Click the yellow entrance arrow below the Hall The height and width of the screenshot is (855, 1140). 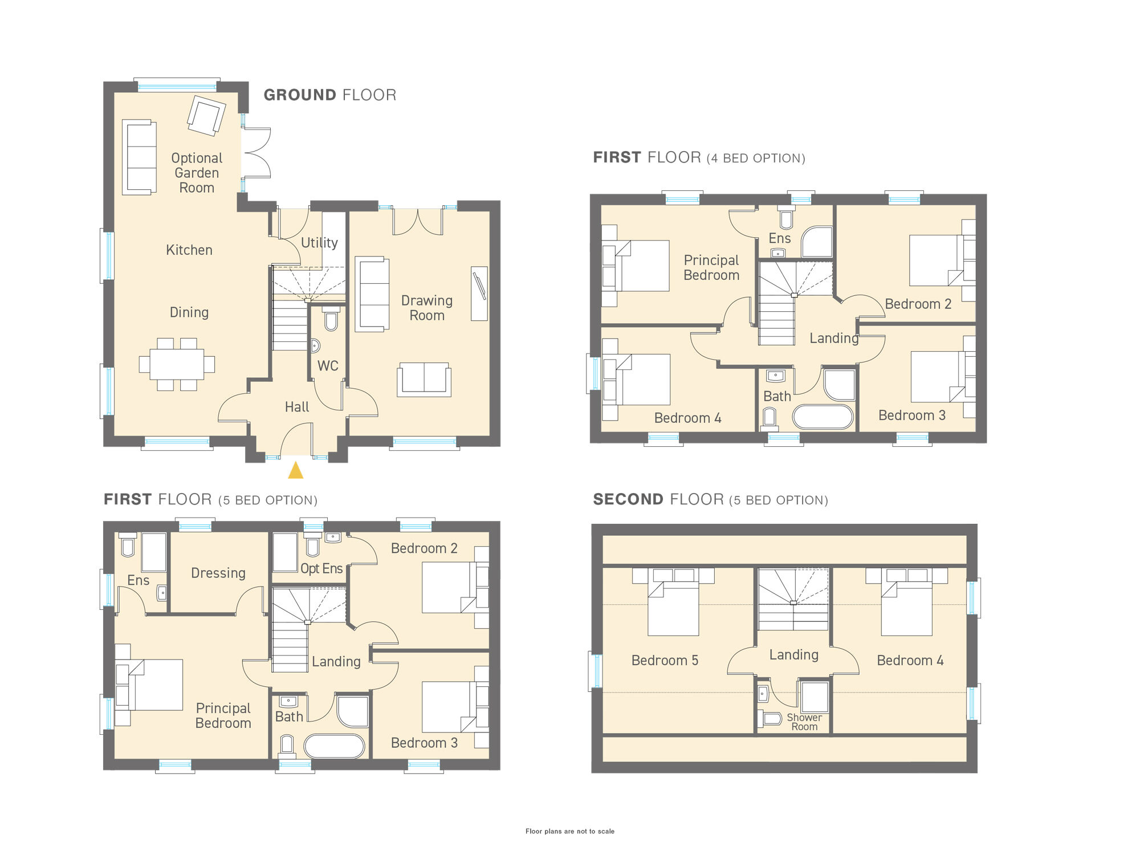295,471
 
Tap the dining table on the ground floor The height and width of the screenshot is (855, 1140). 177,364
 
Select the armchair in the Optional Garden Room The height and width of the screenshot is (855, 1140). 206,116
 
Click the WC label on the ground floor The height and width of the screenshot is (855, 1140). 328,366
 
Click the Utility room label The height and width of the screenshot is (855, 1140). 319,243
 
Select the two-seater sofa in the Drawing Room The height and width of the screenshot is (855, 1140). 424,379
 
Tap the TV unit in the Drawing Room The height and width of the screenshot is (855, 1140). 479,293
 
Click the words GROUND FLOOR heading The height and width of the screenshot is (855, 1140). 329,95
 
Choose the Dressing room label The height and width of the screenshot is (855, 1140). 218,573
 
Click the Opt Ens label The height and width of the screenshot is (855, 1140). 321,569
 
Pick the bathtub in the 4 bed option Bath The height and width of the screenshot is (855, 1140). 823,417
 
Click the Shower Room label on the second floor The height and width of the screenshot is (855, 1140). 804,722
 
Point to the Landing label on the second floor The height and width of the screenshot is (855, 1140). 793,655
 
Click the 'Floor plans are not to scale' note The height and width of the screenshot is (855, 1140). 569,831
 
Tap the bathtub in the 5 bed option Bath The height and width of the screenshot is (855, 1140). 334,746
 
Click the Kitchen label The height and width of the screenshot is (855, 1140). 189,250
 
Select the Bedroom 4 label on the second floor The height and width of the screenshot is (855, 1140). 910,661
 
